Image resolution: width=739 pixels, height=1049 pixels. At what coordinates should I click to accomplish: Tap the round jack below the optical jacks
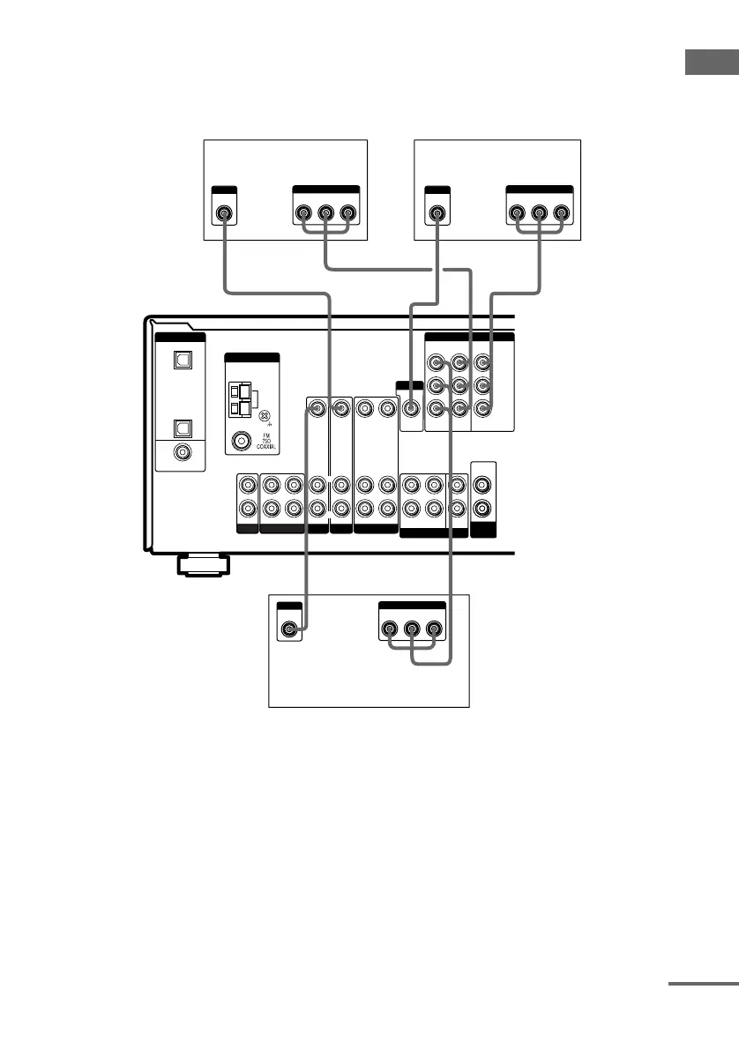(181, 452)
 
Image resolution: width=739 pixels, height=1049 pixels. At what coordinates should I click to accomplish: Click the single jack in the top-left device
(224, 213)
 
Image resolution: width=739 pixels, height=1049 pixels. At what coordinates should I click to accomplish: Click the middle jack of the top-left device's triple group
(325, 213)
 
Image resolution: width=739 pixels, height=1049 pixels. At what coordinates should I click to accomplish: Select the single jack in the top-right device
(436, 213)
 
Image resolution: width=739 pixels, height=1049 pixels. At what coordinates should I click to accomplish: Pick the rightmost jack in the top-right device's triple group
(560, 213)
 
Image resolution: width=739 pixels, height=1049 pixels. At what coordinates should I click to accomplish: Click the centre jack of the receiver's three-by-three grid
(459, 385)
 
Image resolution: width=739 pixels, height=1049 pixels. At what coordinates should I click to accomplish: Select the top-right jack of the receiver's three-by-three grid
(481, 362)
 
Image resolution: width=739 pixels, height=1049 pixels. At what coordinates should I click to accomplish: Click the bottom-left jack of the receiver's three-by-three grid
(436, 408)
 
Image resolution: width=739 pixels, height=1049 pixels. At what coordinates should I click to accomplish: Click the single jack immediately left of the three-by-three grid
(410, 408)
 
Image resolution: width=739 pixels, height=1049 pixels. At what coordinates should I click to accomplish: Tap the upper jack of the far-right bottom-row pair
(483, 485)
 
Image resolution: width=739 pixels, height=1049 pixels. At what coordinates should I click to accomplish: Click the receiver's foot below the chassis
(201, 564)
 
